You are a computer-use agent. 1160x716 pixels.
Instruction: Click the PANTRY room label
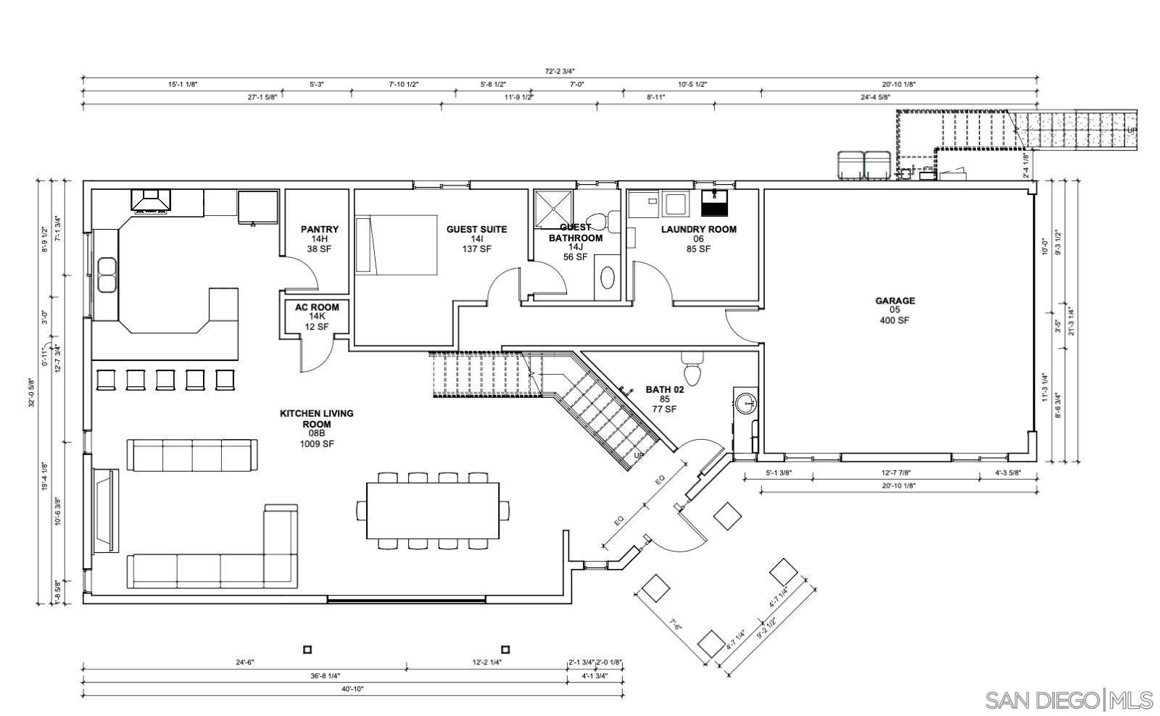click(x=320, y=230)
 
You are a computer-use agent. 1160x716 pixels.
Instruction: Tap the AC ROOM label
click(x=317, y=307)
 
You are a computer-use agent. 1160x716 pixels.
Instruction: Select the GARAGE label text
click(x=895, y=301)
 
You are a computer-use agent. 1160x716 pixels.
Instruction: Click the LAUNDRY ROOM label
click(x=698, y=230)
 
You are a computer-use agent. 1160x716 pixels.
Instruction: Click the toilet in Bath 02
click(x=692, y=369)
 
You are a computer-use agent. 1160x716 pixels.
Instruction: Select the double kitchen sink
click(x=107, y=275)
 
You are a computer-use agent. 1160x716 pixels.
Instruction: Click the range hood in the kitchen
click(x=151, y=201)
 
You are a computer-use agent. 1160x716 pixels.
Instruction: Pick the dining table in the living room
click(x=433, y=510)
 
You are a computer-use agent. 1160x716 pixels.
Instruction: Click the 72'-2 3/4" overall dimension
click(x=560, y=71)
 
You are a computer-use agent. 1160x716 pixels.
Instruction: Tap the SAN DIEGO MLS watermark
click(x=1069, y=700)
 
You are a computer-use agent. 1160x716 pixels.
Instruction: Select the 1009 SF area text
click(x=317, y=444)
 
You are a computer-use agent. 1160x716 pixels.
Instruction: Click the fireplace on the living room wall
click(x=105, y=510)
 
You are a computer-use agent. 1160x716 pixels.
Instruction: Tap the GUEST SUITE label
click(x=476, y=230)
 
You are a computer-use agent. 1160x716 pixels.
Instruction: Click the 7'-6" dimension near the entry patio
click(x=676, y=625)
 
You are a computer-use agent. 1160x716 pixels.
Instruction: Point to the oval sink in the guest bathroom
click(x=608, y=278)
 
